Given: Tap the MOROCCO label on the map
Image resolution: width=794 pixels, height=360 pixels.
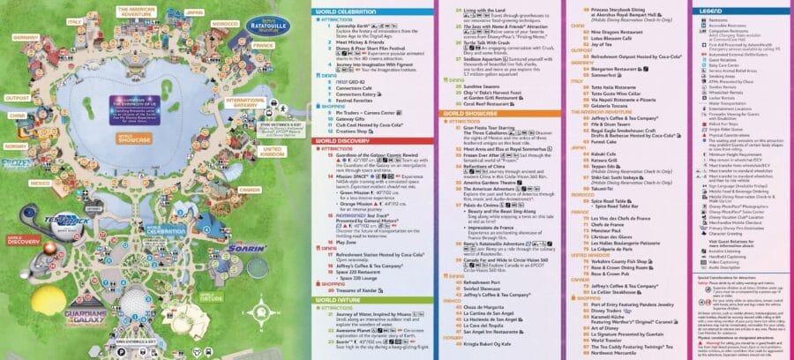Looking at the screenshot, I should coord(225,20).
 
